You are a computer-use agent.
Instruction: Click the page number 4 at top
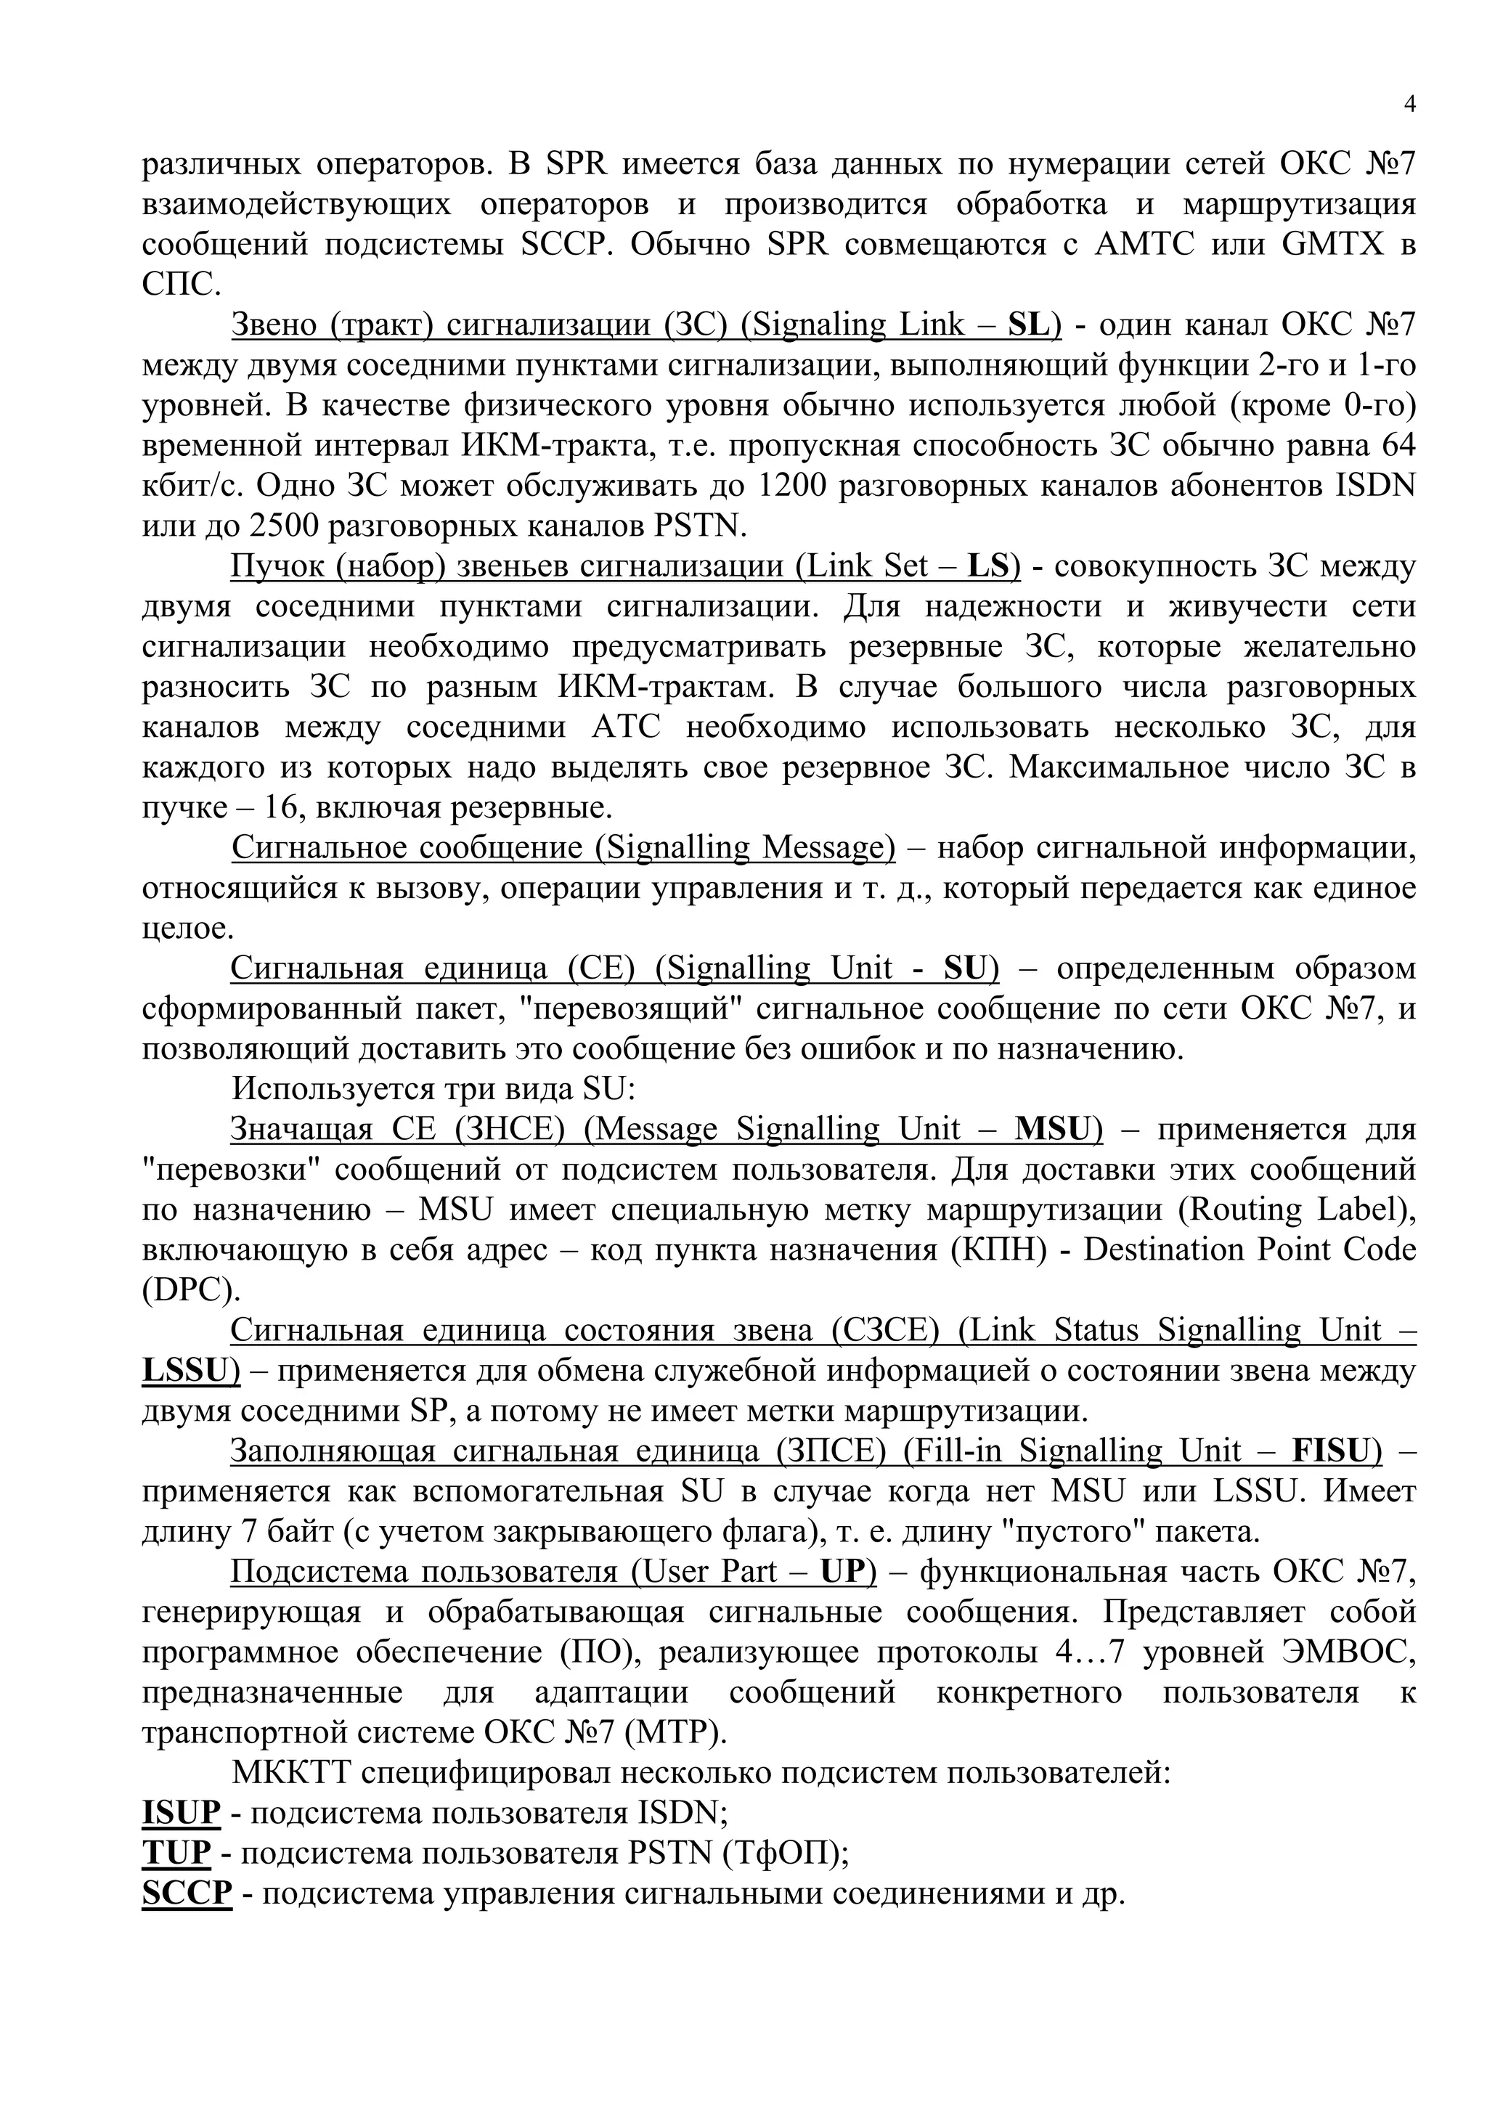1409,105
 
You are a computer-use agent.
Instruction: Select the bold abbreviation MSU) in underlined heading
1058,1129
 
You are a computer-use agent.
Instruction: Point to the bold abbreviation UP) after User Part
847,1572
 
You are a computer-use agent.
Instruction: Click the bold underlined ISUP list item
182,1813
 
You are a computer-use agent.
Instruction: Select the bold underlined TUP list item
176,1853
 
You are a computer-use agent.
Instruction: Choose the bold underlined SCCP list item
187,1893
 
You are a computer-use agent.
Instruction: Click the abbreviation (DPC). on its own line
190,1290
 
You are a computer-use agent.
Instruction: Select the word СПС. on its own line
182,285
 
